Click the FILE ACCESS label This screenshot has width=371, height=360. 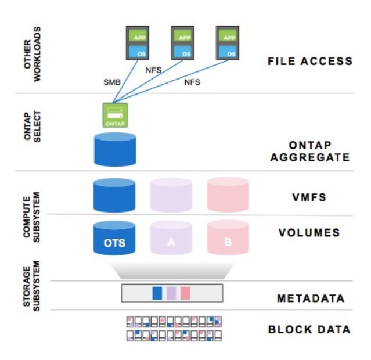309,61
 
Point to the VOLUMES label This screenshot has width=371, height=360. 309,233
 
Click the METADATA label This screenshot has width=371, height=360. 310,298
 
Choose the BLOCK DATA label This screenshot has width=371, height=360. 309,330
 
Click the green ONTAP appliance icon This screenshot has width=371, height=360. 115,115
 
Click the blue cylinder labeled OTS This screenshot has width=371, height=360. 114,238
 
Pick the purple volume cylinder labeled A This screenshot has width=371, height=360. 171,238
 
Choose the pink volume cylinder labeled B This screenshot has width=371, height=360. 228,238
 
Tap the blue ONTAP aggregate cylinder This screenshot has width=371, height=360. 114,149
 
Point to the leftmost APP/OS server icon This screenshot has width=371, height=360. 139,42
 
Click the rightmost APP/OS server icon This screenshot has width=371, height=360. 228,42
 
